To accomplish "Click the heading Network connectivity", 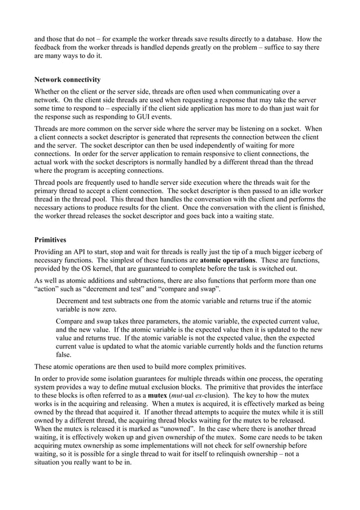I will (x=68, y=80).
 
